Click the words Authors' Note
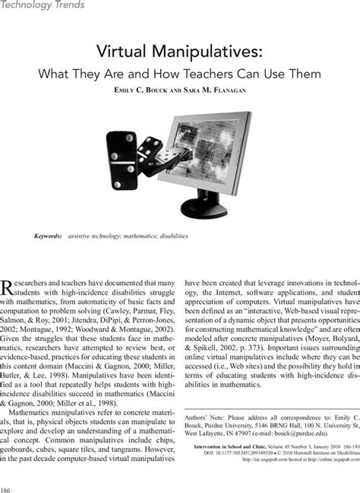click(x=204, y=416)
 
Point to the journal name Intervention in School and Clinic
click(x=225, y=447)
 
